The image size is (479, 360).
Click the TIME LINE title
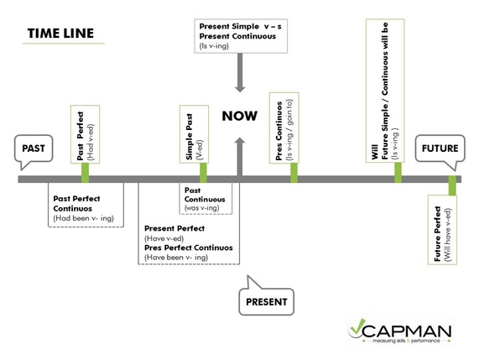tap(60, 34)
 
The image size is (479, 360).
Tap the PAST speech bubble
tap(34, 149)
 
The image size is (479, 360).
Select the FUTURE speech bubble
tap(440, 149)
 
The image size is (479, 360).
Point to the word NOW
tap(240, 116)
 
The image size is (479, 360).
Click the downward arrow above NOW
tap(240, 73)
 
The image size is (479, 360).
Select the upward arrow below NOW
tap(240, 157)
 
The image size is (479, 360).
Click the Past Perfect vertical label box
tap(85, 134)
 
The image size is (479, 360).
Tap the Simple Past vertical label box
tap(194, 134)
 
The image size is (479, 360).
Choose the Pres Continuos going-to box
tap(284, 128)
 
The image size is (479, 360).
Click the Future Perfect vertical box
tap(442, 230)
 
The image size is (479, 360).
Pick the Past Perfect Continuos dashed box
tap(86, 205)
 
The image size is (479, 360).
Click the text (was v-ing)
tap(201, 208)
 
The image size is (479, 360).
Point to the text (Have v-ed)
tap(164, 238)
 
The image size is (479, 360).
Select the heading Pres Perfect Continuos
tap(189, 248)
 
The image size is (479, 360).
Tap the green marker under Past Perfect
tap(85, 173)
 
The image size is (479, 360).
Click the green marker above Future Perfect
tap(452, 185)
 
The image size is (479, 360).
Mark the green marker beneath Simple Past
tap(203, 173)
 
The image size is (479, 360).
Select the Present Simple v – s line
tap(241, 27)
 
